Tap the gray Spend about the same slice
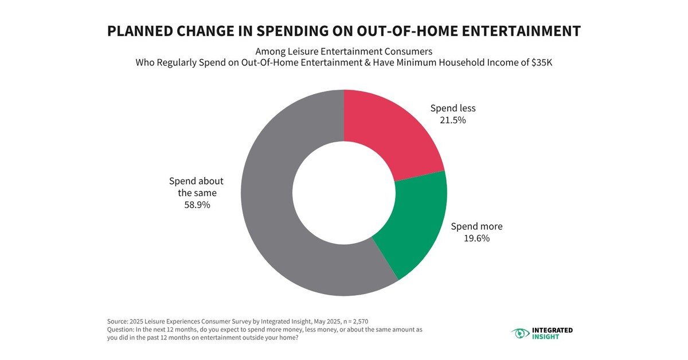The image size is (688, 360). [x=275, y=218]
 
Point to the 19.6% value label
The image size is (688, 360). [x=476, y=238]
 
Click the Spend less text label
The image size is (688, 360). [x=453, y=108]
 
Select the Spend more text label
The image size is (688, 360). [x=476, y=226]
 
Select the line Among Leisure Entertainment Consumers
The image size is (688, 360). [x=343, y=50]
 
